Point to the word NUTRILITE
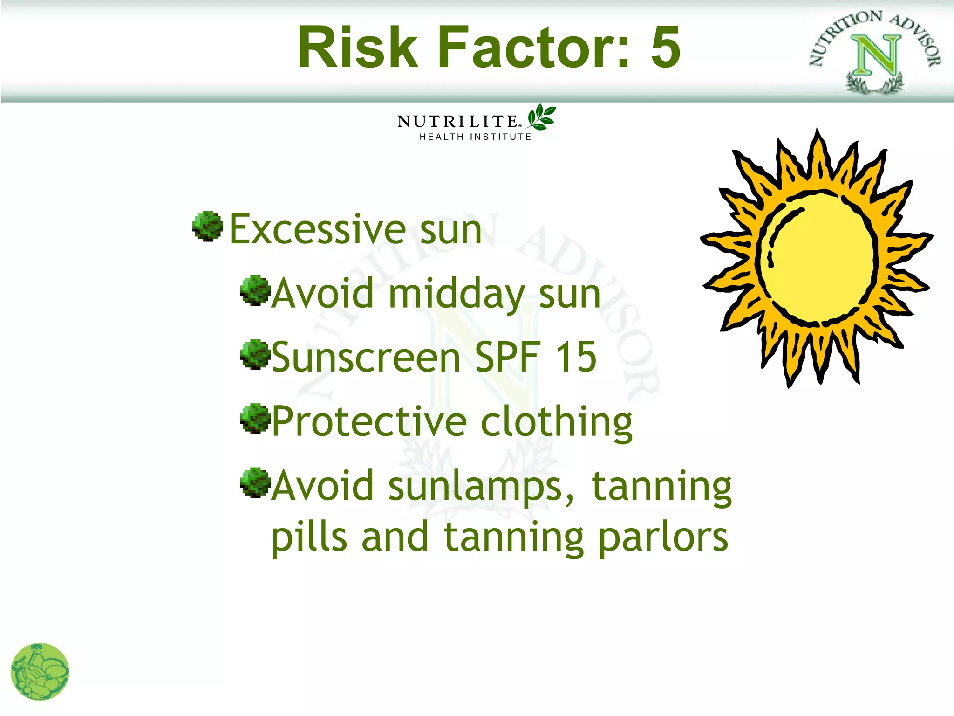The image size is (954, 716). coord(457,122)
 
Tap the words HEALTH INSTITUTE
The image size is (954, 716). coord(475,137)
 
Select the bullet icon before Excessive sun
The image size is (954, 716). coord(208,226)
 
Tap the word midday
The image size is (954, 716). coord(457,295)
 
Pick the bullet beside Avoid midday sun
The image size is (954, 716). coord(255,290)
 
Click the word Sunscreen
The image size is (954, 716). coord(366,358)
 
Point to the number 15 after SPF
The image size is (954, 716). coord(576,357)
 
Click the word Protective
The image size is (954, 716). coord(369,422)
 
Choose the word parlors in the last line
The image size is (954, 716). coord(663,538)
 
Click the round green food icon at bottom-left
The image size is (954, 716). coord(40,672)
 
